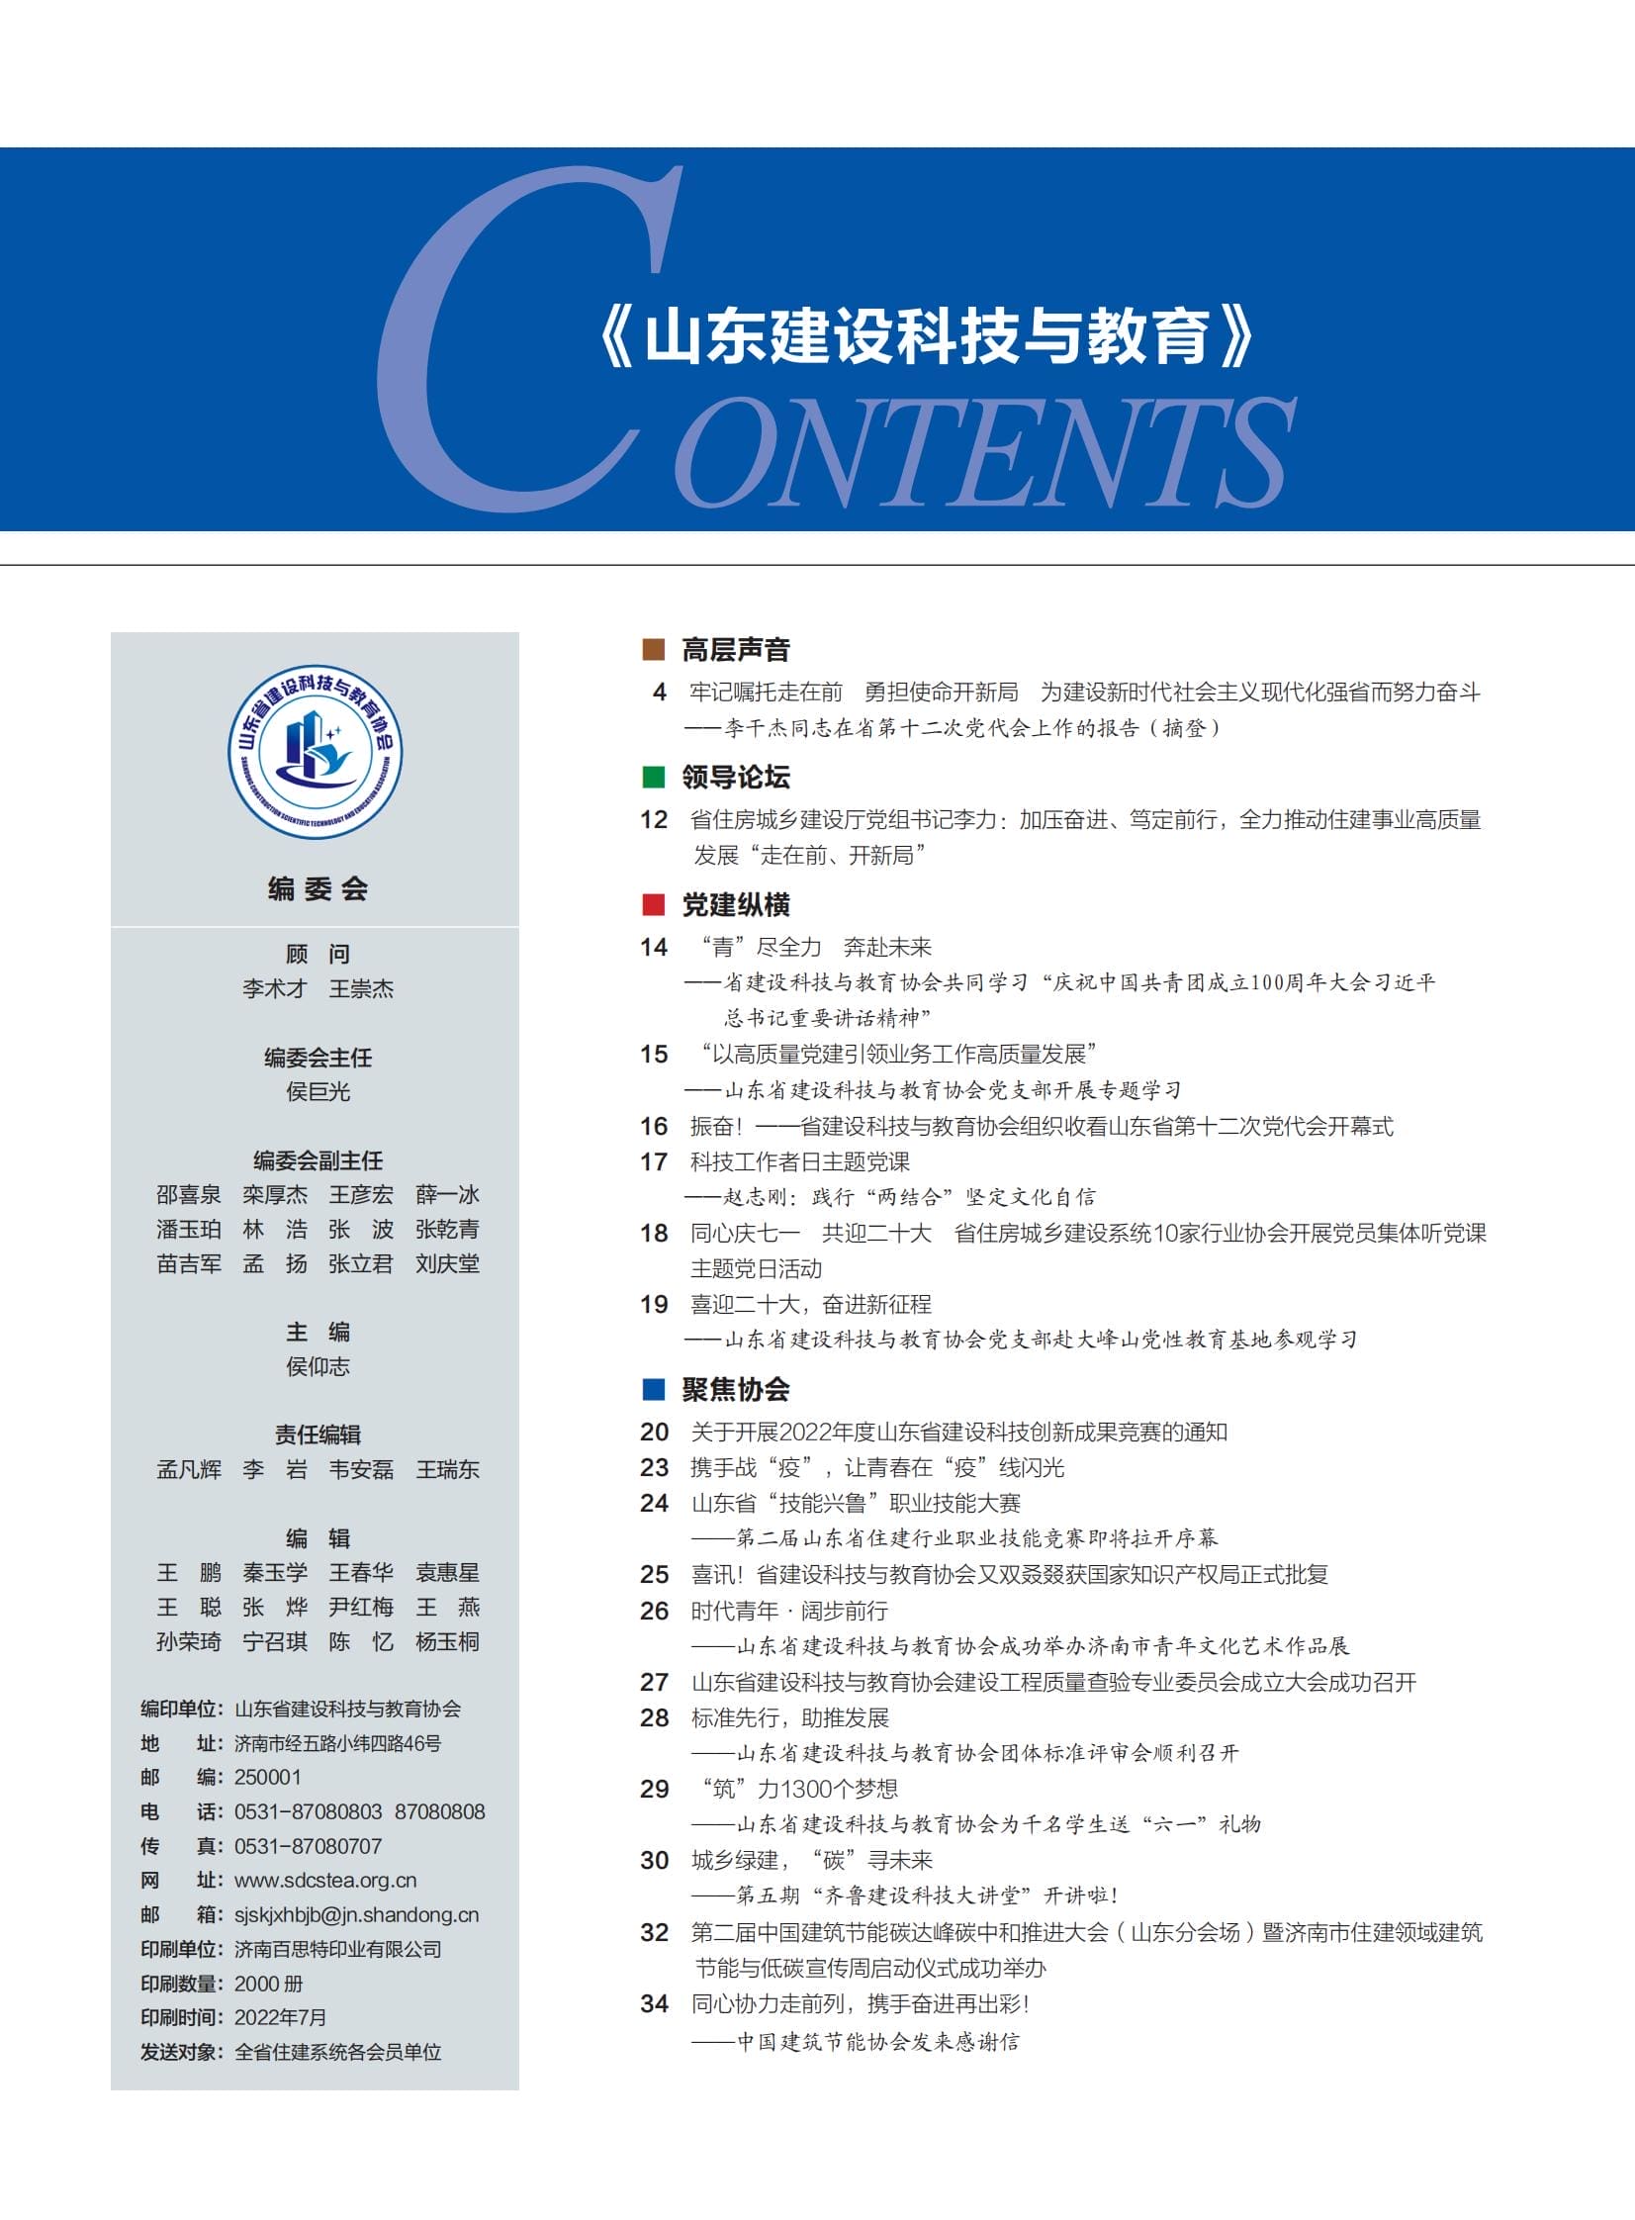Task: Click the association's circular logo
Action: click(x=316, y=751)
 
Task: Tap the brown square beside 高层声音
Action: click(x=653, y=649)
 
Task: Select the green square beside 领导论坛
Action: click(x=653, y=777)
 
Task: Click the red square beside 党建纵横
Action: click(x=653, y=904)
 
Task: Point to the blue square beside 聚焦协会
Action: click(x=653, y=1389)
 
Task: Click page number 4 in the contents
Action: click(x=659, y=692)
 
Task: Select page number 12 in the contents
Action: click(x=654, y=819)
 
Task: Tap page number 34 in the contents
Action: click(x=654, y=2003)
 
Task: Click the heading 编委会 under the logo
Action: click(x=317, y=888)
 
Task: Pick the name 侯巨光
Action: click(x=318, y=1091)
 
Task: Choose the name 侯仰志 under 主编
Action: click(x=318, y=1366)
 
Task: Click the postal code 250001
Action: click(x=267, y=1777)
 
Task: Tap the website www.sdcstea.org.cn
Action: click(x=324, y=1880)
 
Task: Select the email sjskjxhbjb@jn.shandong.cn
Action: click(x=356, y=1914)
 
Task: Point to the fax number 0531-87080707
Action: click(x=308, y=1846)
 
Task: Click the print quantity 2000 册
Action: click(x=268, y=1984)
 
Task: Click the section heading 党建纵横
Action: click(x=735, y=904)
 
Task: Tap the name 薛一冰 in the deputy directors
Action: click(x=447, y=1195)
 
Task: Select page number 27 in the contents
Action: click(x=654, y=1682)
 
